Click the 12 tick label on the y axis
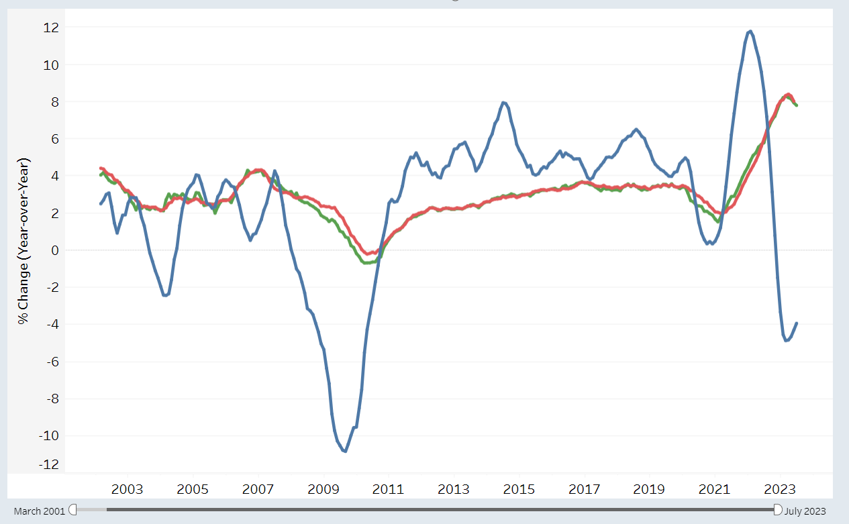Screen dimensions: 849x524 51,28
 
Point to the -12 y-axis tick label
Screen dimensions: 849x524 49,464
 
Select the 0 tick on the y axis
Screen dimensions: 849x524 55,250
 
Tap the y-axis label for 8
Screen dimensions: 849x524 55,102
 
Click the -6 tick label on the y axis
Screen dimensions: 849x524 53,362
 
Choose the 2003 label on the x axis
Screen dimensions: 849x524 128,489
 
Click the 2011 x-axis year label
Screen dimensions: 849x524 388,489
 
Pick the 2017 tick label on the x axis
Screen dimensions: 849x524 585,489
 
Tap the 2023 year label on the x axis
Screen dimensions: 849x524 780,489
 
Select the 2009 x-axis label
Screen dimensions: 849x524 323,489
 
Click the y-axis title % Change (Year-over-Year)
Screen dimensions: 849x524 23,241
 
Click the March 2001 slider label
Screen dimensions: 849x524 40,511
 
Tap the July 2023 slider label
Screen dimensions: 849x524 805,511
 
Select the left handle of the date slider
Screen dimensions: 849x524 72,510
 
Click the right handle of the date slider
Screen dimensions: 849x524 777,510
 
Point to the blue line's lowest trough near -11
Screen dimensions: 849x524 345,451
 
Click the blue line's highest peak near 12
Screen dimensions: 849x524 750,32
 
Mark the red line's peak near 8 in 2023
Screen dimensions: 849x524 789,95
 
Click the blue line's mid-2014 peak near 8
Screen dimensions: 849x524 504,102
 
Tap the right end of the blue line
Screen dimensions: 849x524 797,323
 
